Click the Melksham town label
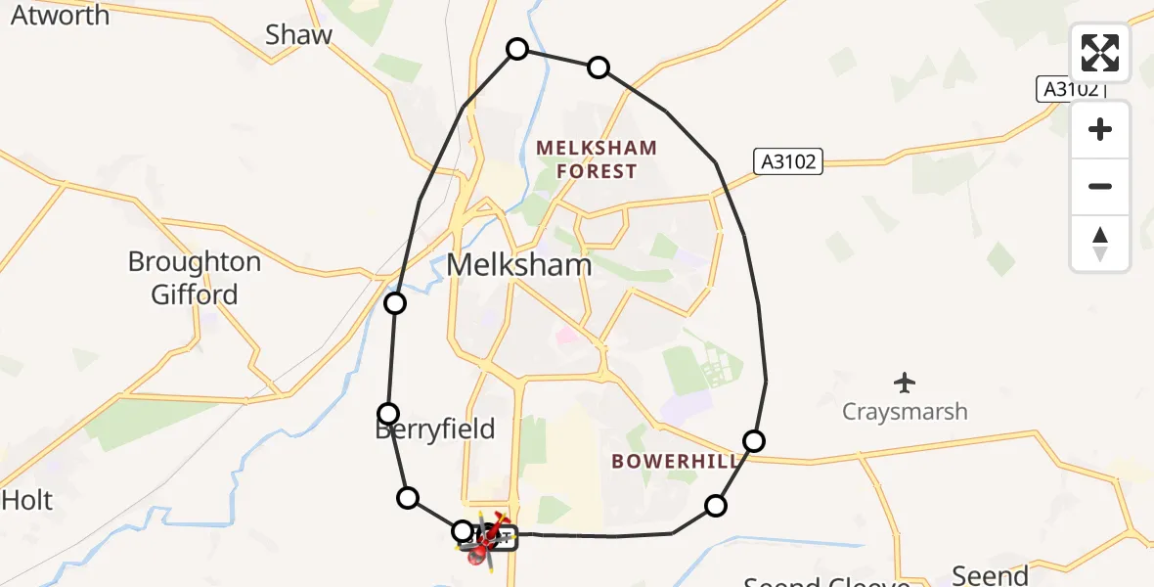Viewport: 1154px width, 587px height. (x=519, y=265)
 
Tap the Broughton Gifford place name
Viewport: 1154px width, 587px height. (x=195, y=278)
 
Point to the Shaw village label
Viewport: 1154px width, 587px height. (x=298, y=35)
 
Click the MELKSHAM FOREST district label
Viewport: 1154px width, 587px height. (x=597, y=159)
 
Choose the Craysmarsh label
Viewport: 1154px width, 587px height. (x=905, y=411)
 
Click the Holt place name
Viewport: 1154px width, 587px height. (x=26, y=500)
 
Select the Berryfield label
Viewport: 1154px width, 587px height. (x=434, y=429)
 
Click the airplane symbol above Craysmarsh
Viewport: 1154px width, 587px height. (x=905, y=381)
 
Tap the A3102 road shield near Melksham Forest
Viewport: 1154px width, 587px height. (x=788, y=161)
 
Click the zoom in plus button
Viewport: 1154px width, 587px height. (x=1100, y=129)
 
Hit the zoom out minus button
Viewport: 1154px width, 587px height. (x=1100, y=186)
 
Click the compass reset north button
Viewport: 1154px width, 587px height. (x=1100, y=242)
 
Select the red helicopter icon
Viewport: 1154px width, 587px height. (x=486, y=538)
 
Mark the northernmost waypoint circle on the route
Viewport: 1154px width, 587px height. (x=516, y=49)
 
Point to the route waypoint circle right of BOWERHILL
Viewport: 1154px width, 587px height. (x=753, y=441)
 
